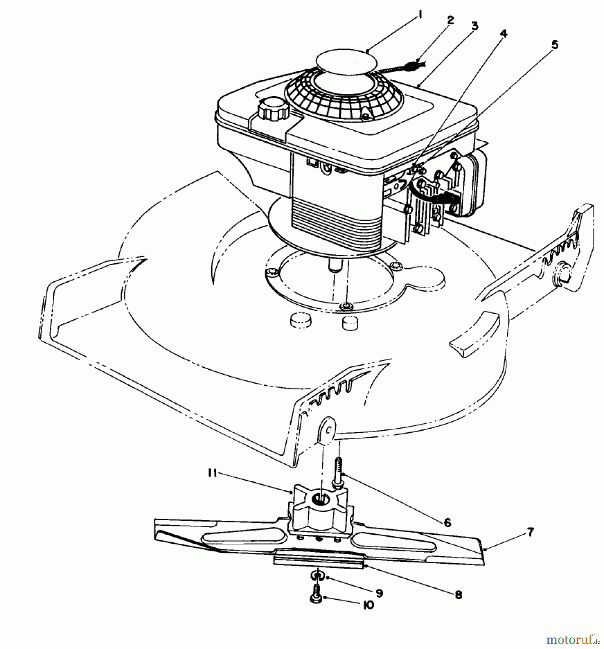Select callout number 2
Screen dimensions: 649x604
(450, 20)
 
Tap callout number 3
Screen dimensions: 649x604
(475, 26)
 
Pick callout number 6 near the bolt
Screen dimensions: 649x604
(448, 522)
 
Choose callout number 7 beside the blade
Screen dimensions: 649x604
(530, 532)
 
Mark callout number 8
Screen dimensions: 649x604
(458, 595)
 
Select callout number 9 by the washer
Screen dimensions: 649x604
(378, 593)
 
